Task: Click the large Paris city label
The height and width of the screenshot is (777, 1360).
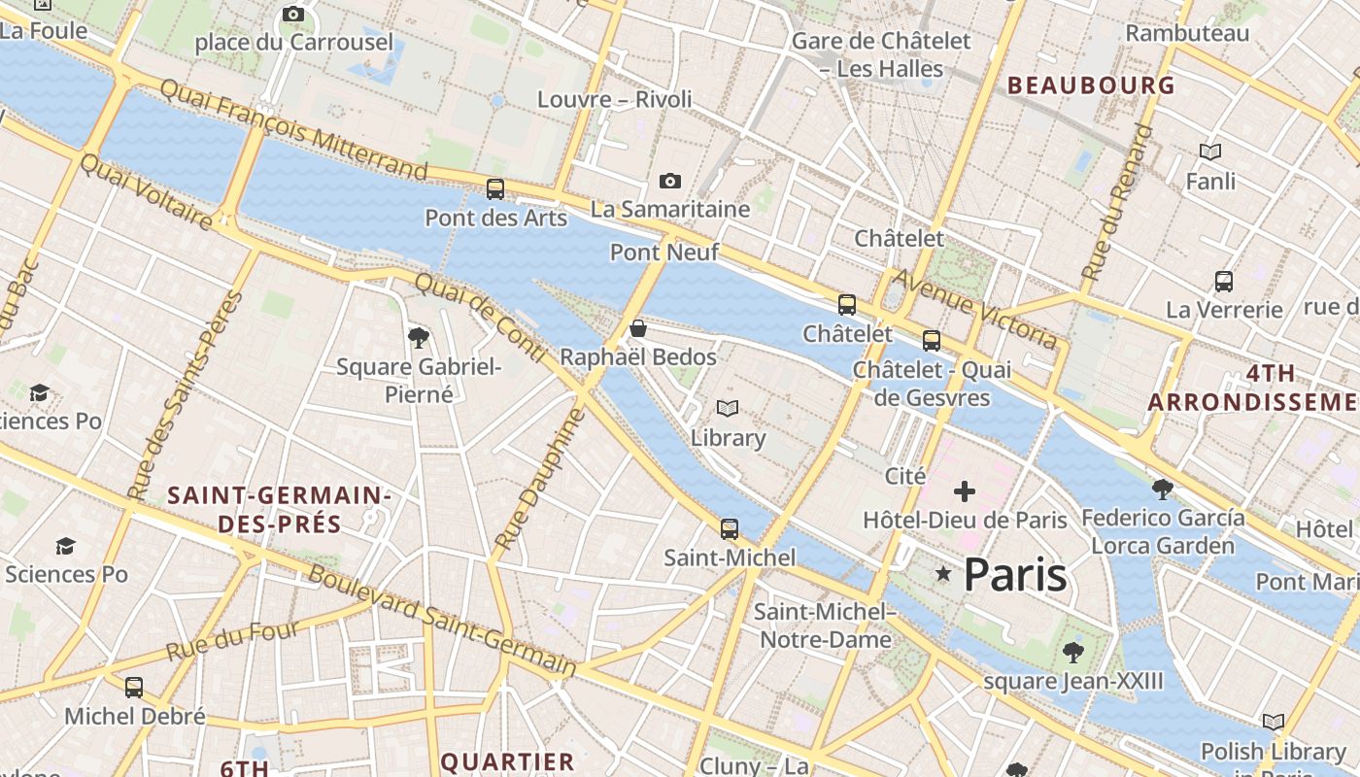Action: click(x=1015, y=575)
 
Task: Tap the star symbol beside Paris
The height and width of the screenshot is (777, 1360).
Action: click(x=942, y=574)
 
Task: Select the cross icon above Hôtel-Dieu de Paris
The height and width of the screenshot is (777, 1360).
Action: click(x=964, y=491)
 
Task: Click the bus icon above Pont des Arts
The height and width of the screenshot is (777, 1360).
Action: click(x=495, y=189)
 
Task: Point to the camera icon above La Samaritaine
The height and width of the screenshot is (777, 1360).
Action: click(x=669, y=181)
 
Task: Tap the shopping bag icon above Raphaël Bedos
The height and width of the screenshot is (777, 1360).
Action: click(x=638, y=329)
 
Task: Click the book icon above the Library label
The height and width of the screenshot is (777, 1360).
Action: click(x=728, y=409)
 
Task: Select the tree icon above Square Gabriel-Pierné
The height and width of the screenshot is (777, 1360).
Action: click(x=419, y=338)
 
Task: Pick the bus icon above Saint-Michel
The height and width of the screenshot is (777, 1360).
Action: click(x=730, y=529)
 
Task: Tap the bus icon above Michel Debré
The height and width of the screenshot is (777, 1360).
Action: click(x=134, y=688)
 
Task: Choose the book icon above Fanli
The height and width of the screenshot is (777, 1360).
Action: click(x=1210, y=152)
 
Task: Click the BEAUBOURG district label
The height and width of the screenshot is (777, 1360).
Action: click(x=1092, y=85)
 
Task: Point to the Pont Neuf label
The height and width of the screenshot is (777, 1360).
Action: click(x=664, y=253)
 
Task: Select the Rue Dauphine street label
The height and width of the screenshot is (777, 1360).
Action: click(x=540, y=480)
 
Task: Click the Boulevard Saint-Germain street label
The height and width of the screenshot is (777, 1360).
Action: click(x=442, y=621)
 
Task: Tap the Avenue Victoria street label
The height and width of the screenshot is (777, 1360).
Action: click(x=974, y=308)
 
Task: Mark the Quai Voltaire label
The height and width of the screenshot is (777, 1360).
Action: click(x=146, y=192)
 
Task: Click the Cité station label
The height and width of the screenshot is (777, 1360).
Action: click(x=905, y=476)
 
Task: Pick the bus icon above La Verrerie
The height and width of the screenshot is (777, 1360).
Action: click(x=1224, y=282)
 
